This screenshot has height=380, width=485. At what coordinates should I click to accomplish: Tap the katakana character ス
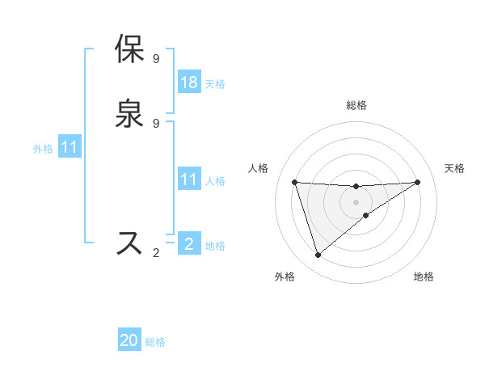(130, 243)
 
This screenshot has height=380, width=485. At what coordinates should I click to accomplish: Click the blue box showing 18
(189, 82)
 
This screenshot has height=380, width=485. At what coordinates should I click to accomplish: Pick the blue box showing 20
(129, 341)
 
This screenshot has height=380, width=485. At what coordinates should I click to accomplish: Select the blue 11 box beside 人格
(189, 180)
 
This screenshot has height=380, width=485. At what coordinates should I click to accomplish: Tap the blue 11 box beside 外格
(70, 148)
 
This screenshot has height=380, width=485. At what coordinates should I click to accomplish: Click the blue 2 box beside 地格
(189, 244)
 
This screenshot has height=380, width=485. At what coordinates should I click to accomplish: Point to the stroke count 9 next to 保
(156, 58)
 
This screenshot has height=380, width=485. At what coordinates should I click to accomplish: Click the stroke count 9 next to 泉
(156, 123)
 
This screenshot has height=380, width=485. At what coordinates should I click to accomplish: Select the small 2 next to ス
(156, 253)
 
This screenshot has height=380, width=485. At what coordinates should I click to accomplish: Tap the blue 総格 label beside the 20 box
(155, 342)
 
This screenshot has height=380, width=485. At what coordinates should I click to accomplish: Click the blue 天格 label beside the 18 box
(215, 83)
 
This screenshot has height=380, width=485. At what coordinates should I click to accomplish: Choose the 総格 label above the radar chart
(356, 105)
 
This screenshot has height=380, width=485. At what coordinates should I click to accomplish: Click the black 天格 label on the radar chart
(454, 168)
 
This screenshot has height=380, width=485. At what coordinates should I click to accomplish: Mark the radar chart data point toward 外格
(318, 255)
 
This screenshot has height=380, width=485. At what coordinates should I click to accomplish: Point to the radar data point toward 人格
(294, 182)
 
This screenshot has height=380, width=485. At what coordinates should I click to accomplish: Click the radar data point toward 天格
(417, 182)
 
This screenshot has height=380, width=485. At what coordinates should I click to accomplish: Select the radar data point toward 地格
(366, 215)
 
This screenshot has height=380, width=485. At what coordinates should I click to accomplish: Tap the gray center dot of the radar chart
(356, 201)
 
